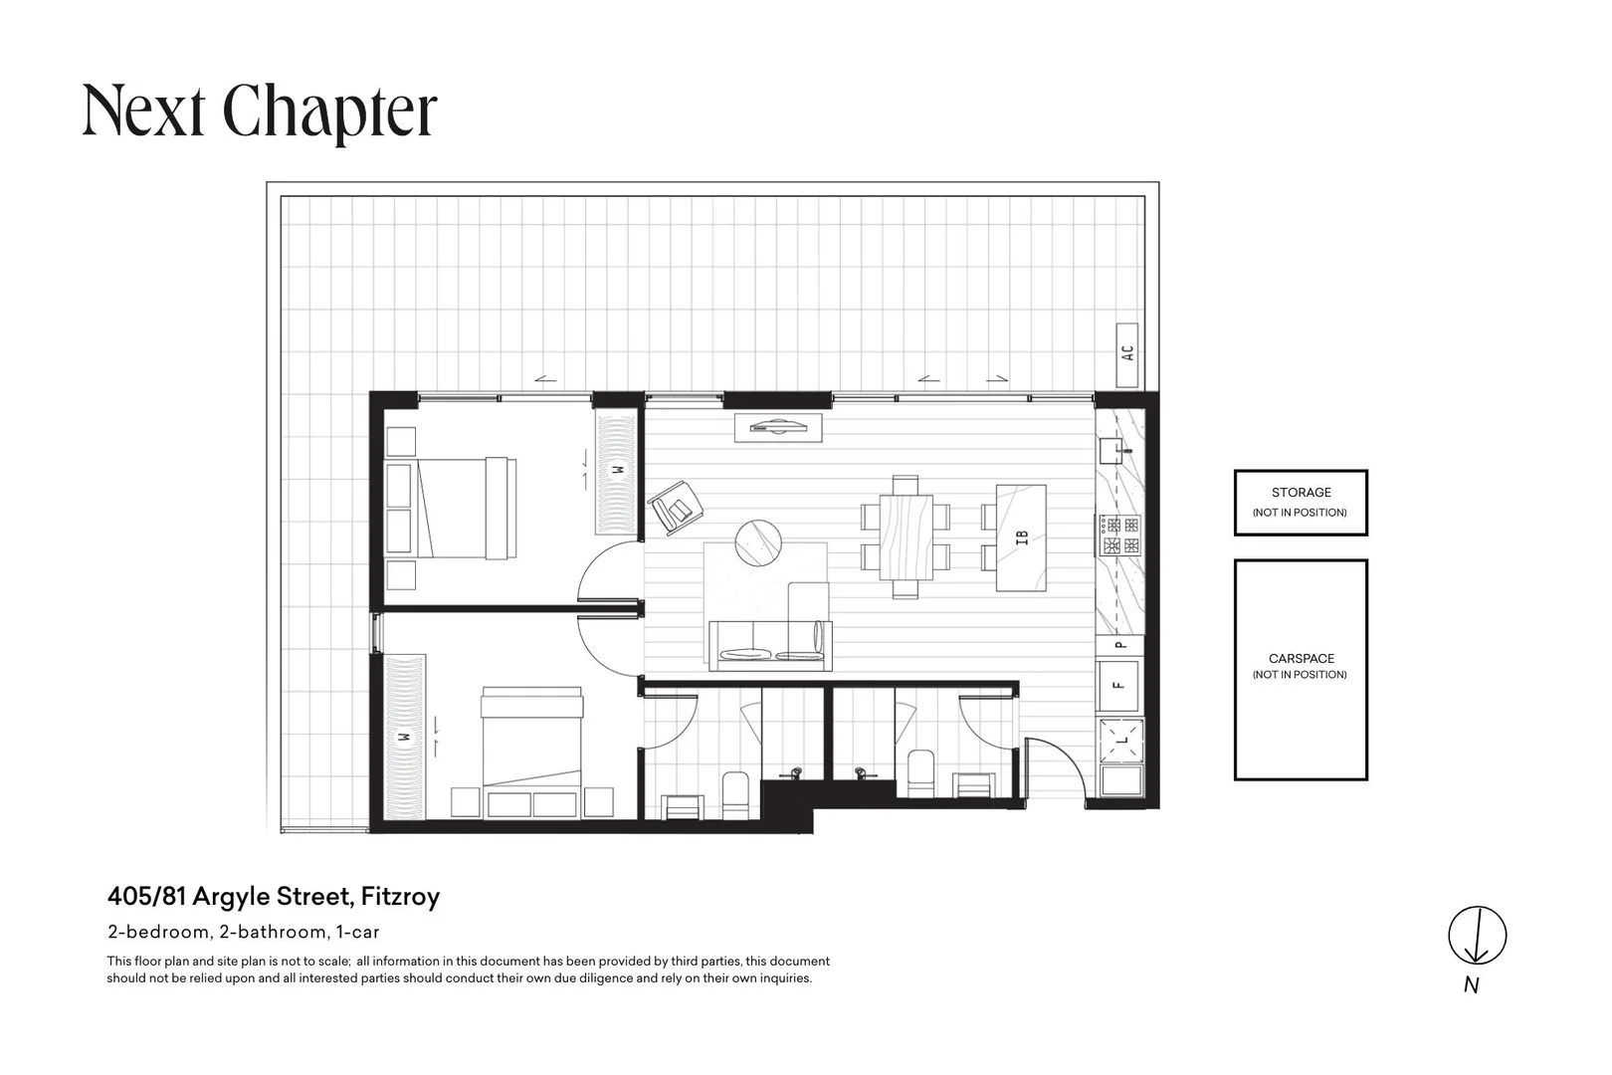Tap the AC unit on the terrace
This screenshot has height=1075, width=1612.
1127,354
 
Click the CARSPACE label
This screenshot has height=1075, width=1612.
1301,658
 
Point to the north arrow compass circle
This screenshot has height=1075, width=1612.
1478,936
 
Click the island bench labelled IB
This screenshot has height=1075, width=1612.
1021,537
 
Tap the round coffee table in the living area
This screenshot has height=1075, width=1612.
758,542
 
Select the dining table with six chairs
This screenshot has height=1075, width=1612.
906,537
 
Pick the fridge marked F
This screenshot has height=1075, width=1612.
1119,685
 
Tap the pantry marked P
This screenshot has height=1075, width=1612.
1119,645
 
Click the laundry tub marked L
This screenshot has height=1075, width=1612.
1120,740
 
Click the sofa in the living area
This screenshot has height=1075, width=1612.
770,645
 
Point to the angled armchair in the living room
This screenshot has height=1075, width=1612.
675,508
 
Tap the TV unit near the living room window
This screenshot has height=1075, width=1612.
778,428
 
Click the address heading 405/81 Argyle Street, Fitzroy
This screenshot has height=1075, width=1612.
274,897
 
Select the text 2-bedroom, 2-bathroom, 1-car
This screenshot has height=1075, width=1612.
243,932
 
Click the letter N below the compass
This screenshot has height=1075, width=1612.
1472,985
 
